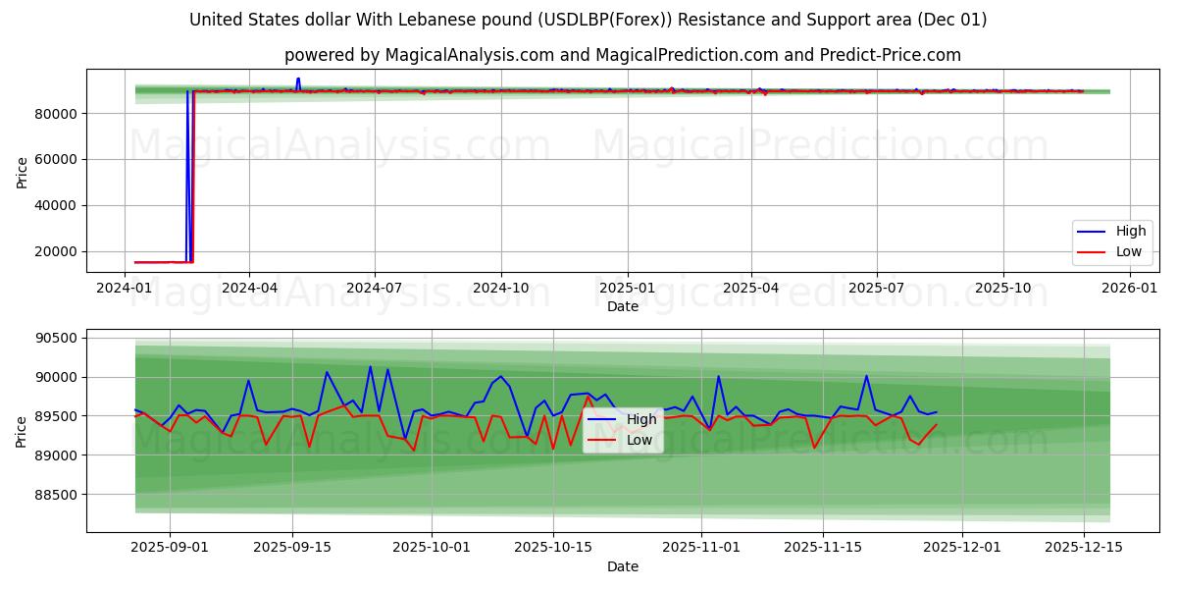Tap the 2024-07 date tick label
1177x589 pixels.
click(375, 289)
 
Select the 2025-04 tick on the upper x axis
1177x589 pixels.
click(751, 289)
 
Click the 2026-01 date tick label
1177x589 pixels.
click(1130, 289)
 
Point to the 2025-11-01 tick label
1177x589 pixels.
click(701, 548)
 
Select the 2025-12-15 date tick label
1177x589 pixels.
click(1084, 548)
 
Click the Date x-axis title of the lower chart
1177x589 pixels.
click(623, 566)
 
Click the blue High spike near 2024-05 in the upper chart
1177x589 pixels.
click(298, 80)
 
